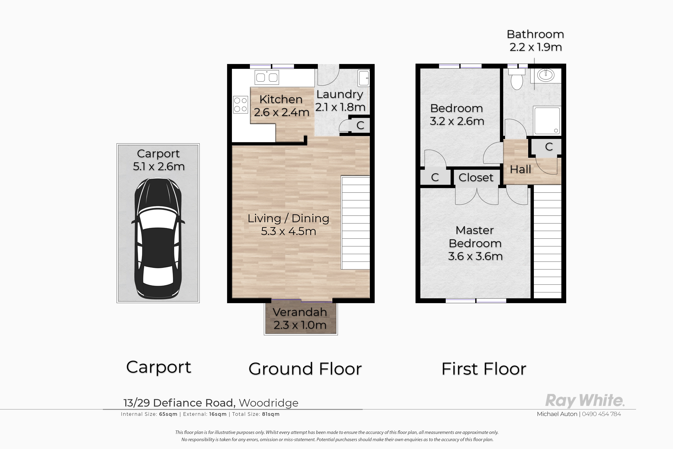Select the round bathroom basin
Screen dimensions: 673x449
(x=546, y=75)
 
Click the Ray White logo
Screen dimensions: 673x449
(x=585, y=400)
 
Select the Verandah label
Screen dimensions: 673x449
(x=300, y=312)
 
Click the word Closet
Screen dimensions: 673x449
(x=476, y=178)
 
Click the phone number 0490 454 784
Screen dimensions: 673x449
(x=601, y=414)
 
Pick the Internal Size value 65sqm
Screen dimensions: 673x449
(x=168, y=414)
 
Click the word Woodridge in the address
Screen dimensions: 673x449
(x=268, y=403)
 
